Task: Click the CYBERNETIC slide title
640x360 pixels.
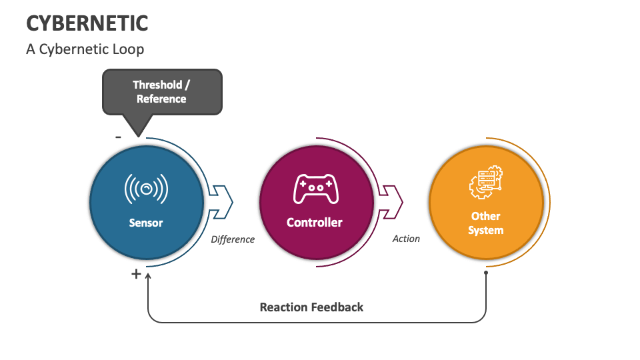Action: click(87, 23)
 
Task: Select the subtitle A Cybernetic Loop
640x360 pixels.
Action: click(85, 49)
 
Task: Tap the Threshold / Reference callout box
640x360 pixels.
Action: click(161, 91)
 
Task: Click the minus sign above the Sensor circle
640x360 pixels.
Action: click(118, 137)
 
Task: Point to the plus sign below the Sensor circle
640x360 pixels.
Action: click(136, 273)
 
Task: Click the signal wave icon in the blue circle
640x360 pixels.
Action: click(146, 189)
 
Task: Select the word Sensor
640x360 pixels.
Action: click(146, 223)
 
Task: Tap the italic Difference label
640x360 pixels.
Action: click(233, 239)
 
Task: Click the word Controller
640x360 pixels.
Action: click(315, 223)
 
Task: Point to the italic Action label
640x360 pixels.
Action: click(406, 239)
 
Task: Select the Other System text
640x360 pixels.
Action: click(485, 223)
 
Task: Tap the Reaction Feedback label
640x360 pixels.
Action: click(311, 307)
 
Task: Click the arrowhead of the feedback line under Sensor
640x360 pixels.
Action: click(148, 275)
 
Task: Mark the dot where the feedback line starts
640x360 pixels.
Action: click(486, 273)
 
